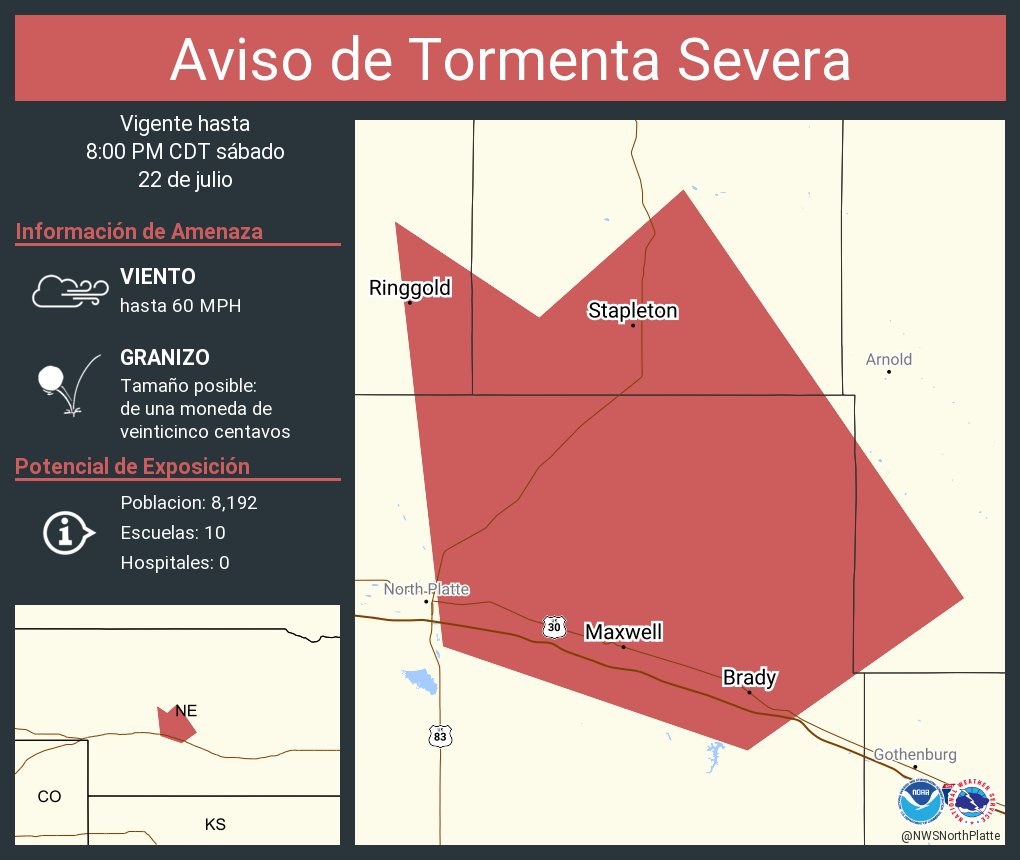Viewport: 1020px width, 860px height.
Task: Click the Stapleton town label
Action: [x=632, y=311]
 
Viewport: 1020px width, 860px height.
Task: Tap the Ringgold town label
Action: [x=410, y=288]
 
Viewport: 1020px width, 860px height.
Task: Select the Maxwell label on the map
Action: [x=623, y=632]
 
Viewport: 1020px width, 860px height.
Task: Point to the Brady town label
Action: [x=749, y=678]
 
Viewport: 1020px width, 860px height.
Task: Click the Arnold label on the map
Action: [x=888, y=359]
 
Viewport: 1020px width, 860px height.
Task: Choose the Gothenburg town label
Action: [x=915, y=754]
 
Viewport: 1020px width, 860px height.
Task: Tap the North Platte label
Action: [x=426, y=589]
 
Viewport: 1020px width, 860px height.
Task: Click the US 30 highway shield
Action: [x=554, y=627]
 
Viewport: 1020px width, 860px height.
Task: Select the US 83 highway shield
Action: [x=440, y=736]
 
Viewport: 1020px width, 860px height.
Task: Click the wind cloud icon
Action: [x=69, y=290]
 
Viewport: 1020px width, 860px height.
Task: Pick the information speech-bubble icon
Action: [x=68, y=532]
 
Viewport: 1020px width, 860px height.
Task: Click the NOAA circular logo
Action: [x=920, y=802]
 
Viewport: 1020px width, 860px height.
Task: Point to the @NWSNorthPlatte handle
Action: [x=950, y=835]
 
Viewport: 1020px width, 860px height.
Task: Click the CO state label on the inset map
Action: [x=49, y=796]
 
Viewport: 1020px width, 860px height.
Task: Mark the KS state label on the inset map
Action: [x=215, y=824]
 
